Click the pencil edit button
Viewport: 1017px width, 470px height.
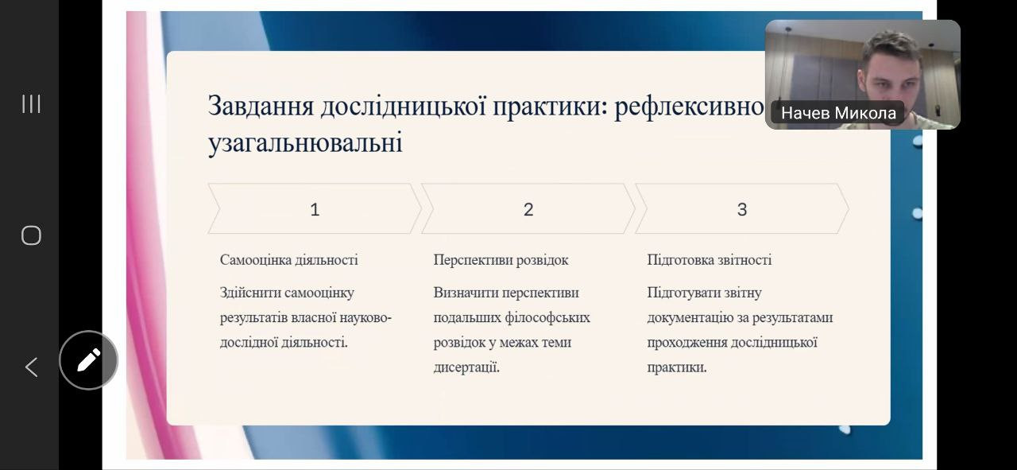coord(88,360)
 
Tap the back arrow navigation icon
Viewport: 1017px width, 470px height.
coord(31,367)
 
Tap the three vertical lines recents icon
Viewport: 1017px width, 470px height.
coord(31,103)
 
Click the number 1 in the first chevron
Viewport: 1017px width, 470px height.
coord(315,209)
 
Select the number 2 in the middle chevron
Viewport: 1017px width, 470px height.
coord(528,209)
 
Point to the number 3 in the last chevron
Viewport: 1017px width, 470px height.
coord(742,209)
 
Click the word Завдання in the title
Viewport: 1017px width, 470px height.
coord(261,107)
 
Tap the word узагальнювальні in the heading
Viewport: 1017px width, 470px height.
coord(305,142)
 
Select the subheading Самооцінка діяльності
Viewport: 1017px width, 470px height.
coord(288,260)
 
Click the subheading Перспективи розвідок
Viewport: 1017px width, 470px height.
coord(501,260)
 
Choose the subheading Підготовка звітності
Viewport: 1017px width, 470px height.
coord(710,260)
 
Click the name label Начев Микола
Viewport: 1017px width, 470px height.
coord(838,113)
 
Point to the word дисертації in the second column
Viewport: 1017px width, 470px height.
coord(466,367)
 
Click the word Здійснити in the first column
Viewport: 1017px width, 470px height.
coord(249,293)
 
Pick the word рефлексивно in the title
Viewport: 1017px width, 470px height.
coord(689,107)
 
